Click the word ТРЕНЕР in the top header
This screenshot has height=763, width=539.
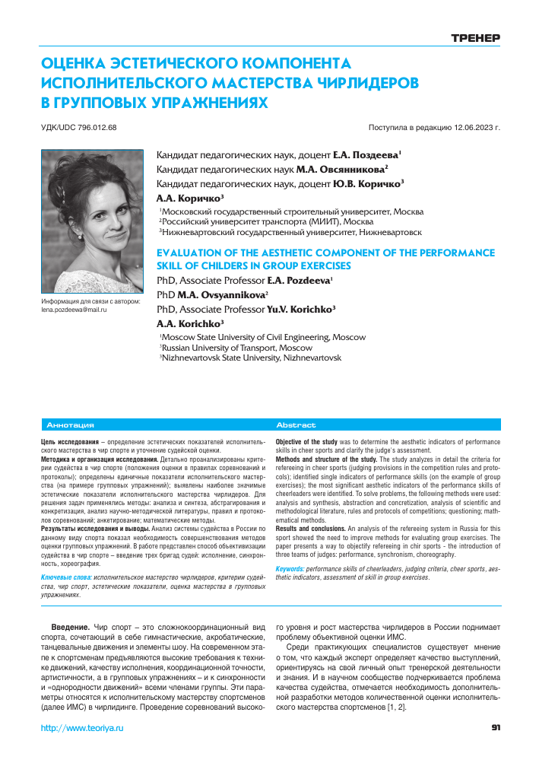(475, 37)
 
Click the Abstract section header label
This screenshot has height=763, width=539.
(296, 425)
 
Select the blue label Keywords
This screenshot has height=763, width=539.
(289, 569)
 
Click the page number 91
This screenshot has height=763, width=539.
(496, 728)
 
